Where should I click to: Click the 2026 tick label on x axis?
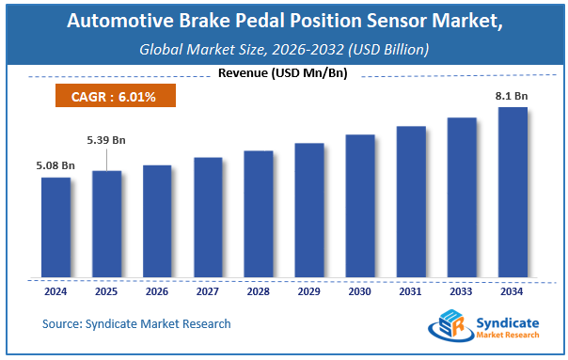pyautogui.click(x=157, y=291)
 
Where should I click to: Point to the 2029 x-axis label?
pyautogui.click(x=308, y=291)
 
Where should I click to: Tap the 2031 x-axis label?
pyautogui.click(x=410, y=291)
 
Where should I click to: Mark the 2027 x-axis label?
pyautogui.click(x=208, y=291)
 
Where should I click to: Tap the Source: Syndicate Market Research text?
pyautogui.click(x=135, y=324)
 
